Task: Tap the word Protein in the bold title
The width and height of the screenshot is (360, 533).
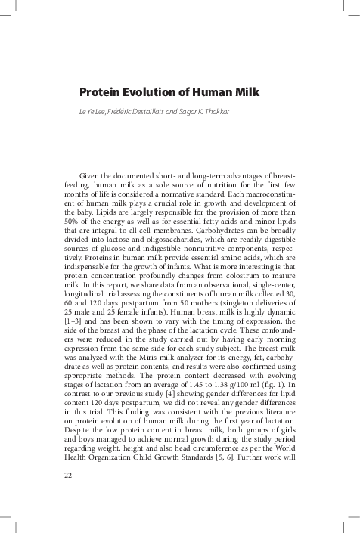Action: click(x=102, y=93)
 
